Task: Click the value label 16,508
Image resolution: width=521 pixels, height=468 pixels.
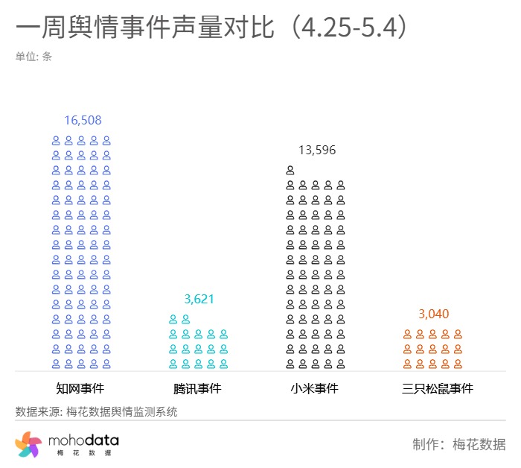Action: [x=83, y=120]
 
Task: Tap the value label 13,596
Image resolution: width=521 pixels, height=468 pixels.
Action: [x=317, y=150]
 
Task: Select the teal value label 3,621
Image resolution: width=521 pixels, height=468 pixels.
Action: [x=199, y=299]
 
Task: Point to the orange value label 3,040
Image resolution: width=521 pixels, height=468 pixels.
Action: [x=434, y=314]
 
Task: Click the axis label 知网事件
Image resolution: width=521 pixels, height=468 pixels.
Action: [x=80, y=388]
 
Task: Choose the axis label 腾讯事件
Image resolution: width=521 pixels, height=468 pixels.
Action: [x=197, y=388]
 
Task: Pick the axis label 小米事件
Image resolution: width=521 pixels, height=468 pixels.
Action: [x=315, y=388]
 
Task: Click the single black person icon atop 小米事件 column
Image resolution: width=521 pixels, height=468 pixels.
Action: [x=290, y=170]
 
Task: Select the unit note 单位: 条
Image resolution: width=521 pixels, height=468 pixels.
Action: [x=33, y=56]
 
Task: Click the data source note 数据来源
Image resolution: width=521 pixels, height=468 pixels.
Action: [x=96, y=411]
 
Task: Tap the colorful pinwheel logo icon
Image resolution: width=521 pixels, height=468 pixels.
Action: [x=28, y=445]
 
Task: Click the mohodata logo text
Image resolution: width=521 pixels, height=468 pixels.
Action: [x=83, y=442]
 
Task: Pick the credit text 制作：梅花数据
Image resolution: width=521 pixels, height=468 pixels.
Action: [x=458, y=445]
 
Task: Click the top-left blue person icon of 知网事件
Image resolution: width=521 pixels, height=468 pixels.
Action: [x=56, y=140]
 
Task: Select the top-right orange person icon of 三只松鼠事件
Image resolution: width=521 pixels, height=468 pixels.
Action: [x=458, y=334]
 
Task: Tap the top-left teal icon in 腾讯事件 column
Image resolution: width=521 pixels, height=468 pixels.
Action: [x=173, y=319]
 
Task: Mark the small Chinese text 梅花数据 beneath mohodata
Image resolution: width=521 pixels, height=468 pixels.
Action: [x=83, y=454]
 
